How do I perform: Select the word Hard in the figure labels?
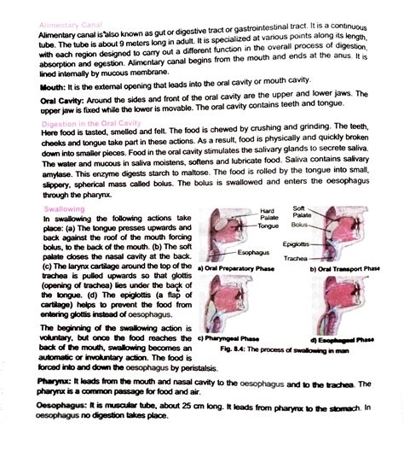point(267,210)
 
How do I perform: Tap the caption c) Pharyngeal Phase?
point(231,338)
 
